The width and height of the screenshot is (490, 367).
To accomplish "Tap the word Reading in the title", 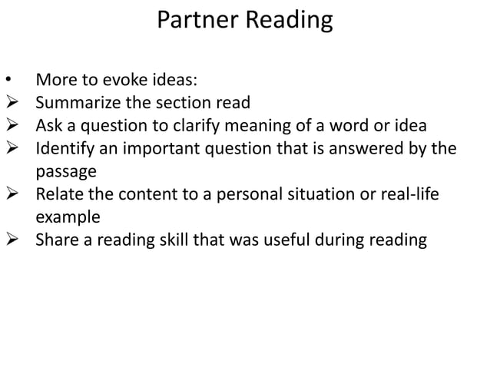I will (289, 21).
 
